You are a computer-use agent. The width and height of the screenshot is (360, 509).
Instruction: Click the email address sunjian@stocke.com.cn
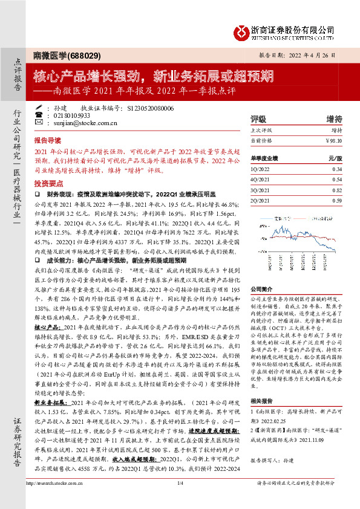(x=81, y=122)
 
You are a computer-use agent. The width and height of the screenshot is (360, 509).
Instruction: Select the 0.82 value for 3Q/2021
(x=337, y=190)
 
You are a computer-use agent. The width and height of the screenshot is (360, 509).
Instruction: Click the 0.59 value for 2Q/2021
(x=337, y=199)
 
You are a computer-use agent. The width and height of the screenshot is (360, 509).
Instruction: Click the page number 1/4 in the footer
(x=180, y=500)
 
